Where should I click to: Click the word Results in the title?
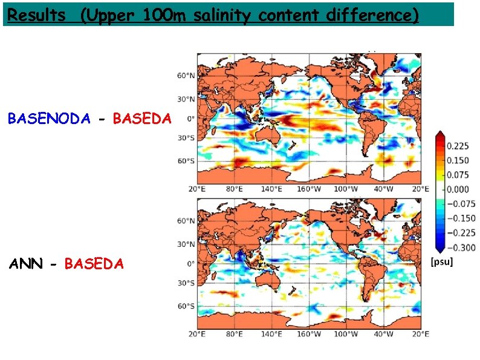[x=37, y=15]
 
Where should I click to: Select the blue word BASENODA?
[x=48, y=119]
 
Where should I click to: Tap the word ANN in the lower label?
[x=25, y=264]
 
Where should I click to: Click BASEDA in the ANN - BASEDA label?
[x=94, y=264]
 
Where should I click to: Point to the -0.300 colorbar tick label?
[x=460, y=247]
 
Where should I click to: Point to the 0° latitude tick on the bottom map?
[x=190, y=264]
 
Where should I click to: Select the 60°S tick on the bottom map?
[x=186, y=306]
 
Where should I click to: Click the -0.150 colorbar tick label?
[x=460, y=218]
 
